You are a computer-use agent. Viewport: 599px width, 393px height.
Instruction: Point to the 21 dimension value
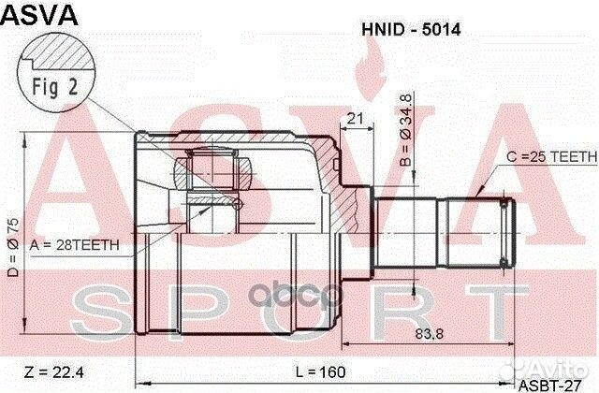point(355,118)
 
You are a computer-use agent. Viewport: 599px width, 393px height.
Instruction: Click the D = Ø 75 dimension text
point(10,245)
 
